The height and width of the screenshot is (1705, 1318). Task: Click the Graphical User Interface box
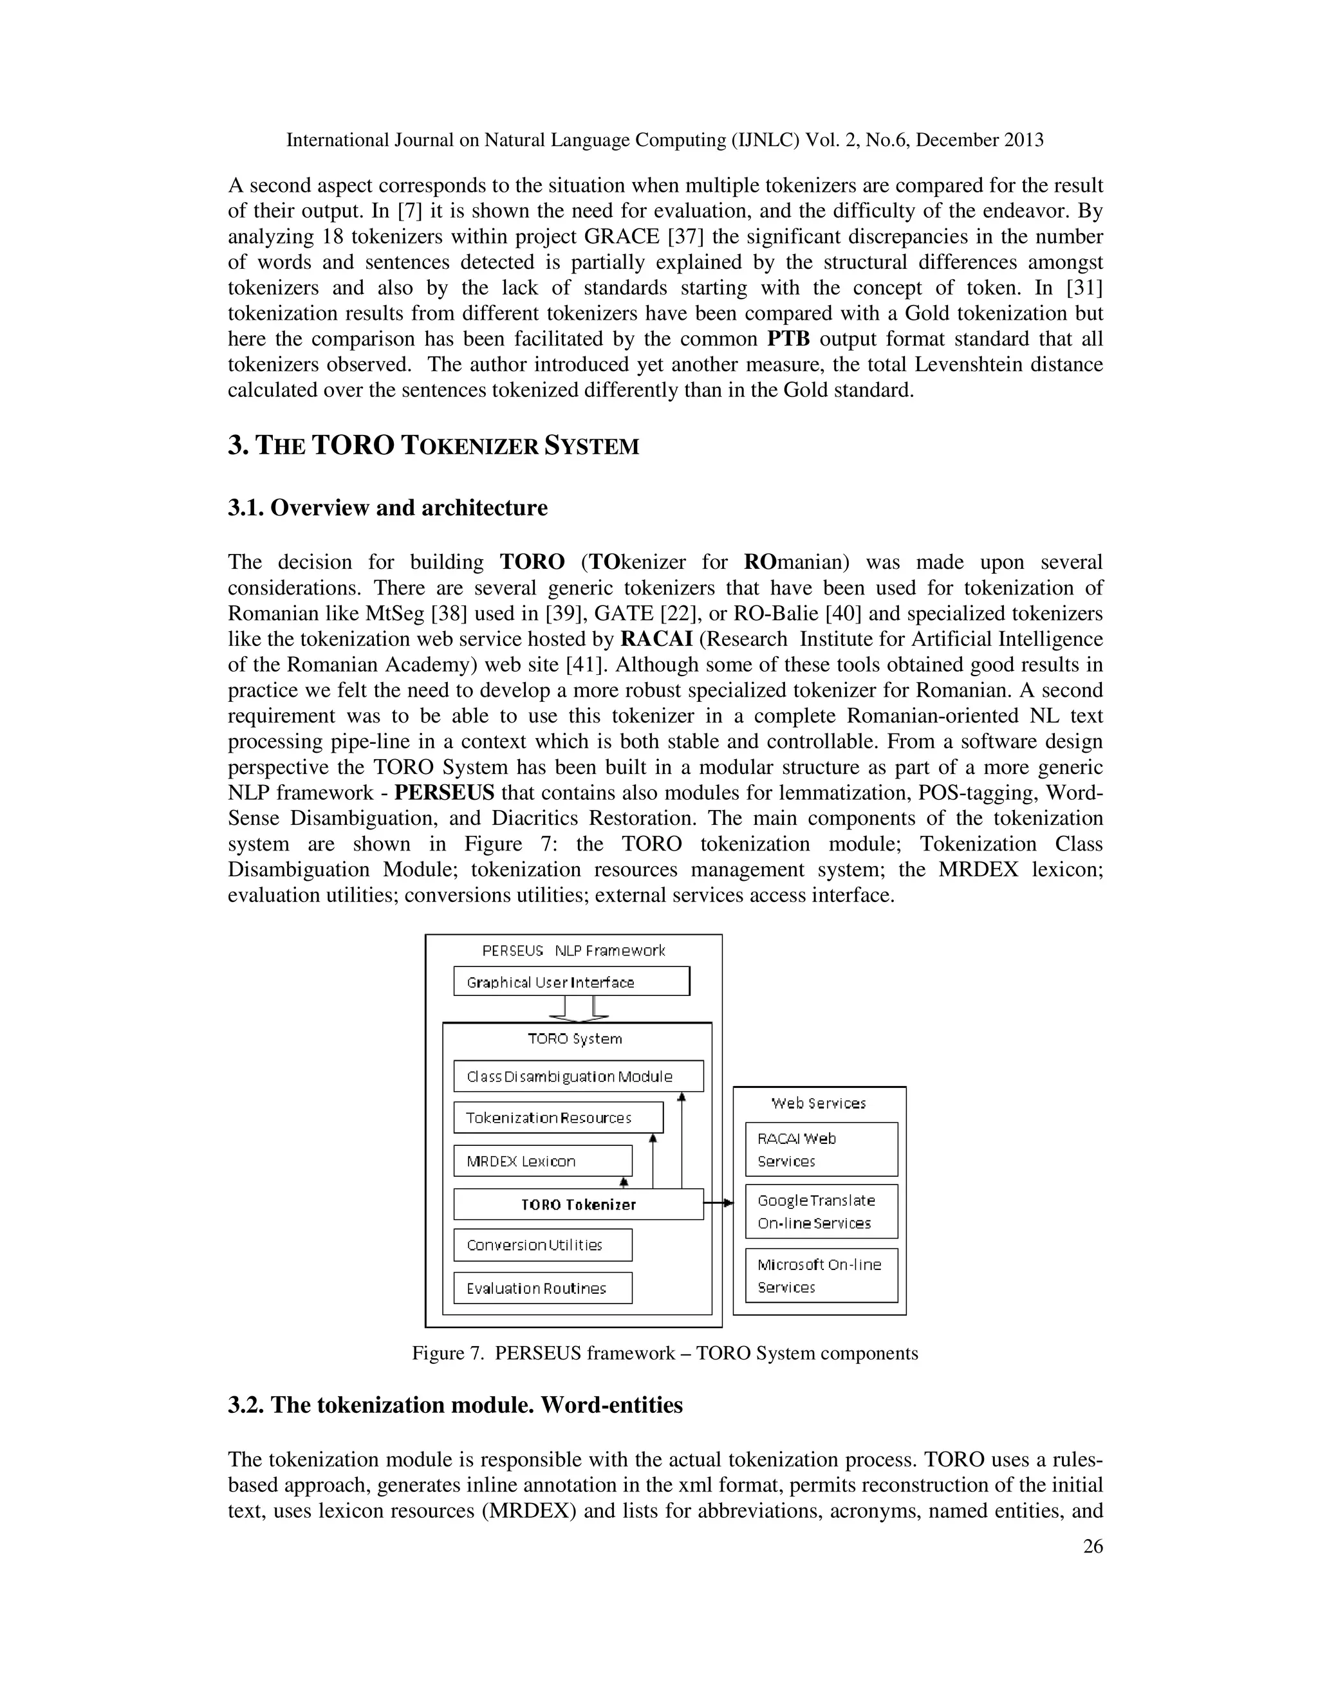coord(571,981)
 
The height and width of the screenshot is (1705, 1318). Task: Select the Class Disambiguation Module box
coord(578,1076)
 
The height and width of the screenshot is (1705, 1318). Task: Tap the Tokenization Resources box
coord(557,1117)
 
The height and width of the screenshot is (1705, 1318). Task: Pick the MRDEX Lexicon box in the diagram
coord(542,1161)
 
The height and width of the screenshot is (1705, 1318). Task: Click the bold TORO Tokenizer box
coord(578,1204)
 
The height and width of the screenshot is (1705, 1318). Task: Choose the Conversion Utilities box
coord(542,1244)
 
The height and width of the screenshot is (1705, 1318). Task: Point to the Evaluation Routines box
coord(542,1288)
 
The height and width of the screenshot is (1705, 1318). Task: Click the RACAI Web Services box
coord(821,1149)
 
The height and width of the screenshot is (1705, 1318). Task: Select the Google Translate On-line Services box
coord(821,1212)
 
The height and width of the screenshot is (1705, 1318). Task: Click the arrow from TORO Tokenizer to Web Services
coord(719,1203)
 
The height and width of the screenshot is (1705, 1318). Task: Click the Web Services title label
coord(819,1103)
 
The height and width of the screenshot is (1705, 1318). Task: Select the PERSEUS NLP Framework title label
coord(573,950)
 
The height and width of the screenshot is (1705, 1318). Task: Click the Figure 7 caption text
coord(664,1353)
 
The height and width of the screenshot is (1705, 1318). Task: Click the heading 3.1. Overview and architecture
coord(387,508)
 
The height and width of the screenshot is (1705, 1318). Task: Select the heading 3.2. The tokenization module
coord(454,1405)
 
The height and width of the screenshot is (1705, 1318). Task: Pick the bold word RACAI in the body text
coord(656,639)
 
